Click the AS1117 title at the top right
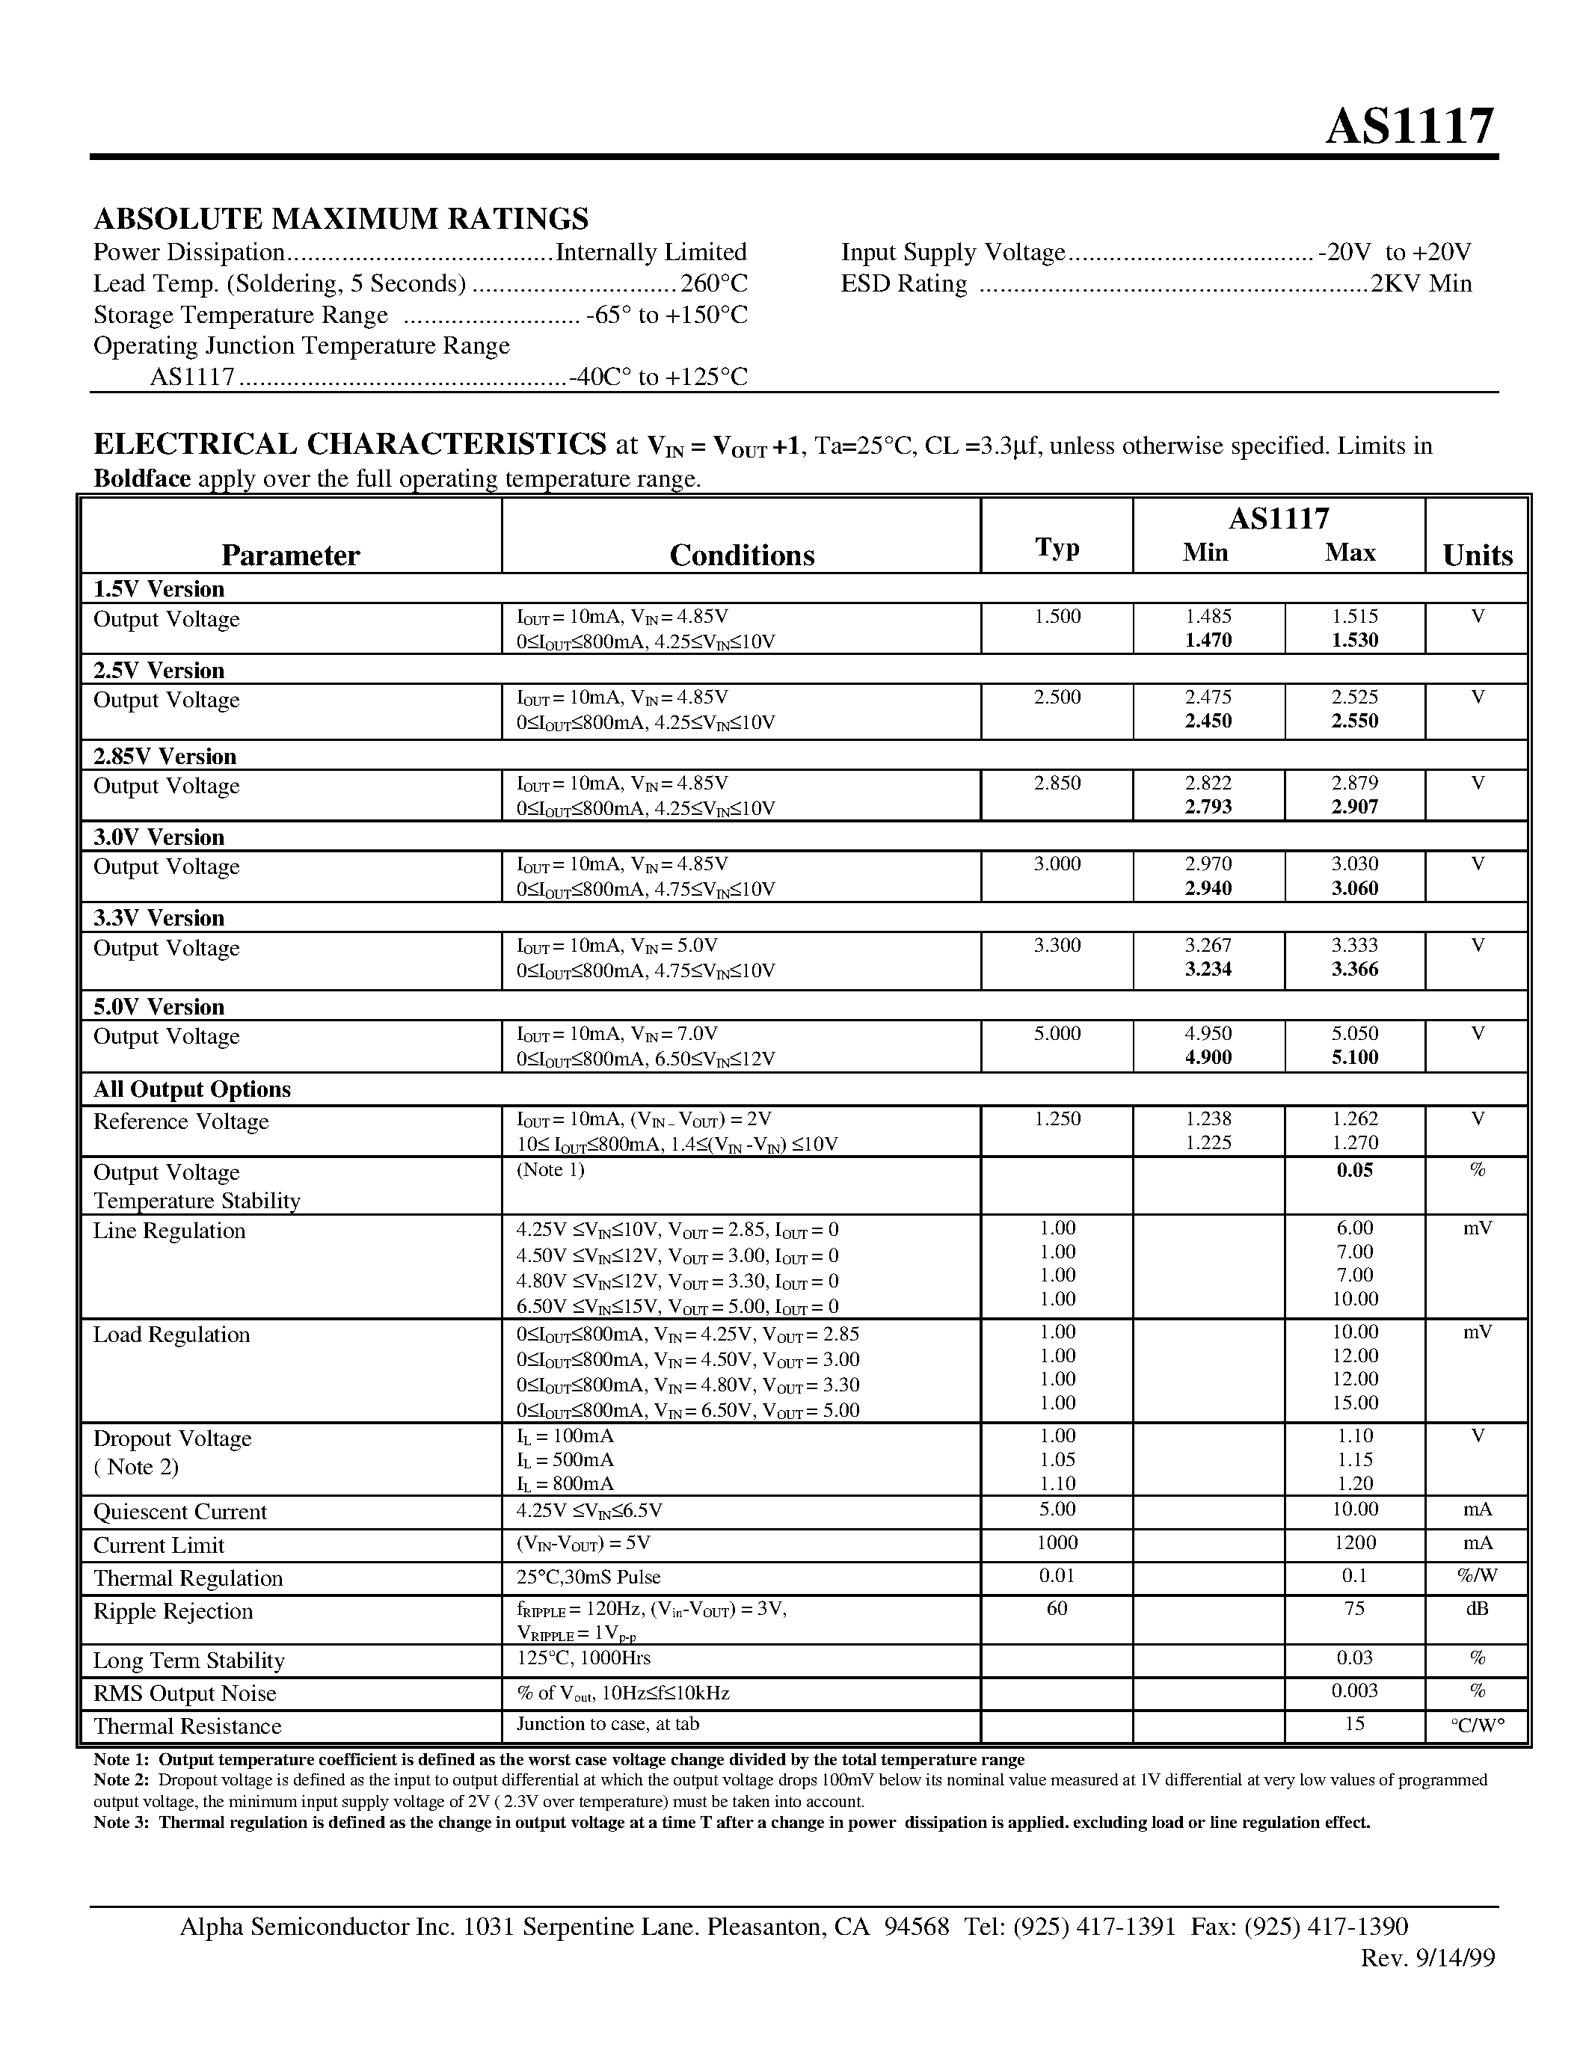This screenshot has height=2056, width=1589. [1410, 126]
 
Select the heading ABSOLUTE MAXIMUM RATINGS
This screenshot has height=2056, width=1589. [341, 218]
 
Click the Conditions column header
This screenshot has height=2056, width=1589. [742, 555]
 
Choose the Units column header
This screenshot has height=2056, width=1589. [1477, 555]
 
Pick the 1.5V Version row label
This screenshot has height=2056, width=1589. [158, 589]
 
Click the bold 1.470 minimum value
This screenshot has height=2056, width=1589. [1208, 641]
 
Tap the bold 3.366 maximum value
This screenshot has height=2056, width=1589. [1353, 970]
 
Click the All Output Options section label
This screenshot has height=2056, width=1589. [192, 1089]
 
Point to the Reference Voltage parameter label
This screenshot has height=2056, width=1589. [181, 1121]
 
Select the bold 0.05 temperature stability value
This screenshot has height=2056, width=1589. [1353, 1170]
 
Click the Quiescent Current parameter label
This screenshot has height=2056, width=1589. [179, 1512]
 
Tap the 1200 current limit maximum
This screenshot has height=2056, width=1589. [1353, 1543]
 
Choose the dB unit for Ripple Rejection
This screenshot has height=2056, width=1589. [1477, 1609]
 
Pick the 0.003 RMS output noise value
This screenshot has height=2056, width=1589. [1353, 1690]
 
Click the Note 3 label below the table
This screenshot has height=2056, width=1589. [121, 1823]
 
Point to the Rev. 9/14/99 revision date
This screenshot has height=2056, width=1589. [1427, 1958]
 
